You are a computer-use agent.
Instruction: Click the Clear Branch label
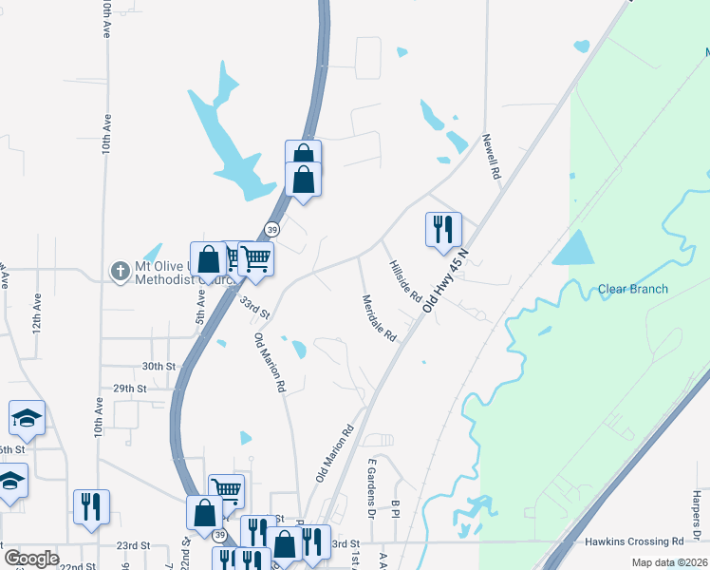(x=633, y=289)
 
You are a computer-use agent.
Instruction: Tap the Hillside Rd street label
(x=405, y=281)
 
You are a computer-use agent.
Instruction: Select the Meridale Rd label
(x=379, y=318)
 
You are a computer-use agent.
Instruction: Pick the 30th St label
(x=159, y=366)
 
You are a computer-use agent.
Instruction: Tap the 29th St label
(x=130, y=389)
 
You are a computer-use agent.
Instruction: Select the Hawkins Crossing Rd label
(x=633, y=541)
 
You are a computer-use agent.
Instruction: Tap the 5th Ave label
(x=201, y=303)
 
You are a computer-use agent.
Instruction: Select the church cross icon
(x=120, y=272)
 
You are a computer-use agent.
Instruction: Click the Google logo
(x=31, y=559)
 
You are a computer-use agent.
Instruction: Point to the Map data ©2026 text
(x=668, y=562)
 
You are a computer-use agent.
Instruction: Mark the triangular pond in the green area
(x=573, y=249)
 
